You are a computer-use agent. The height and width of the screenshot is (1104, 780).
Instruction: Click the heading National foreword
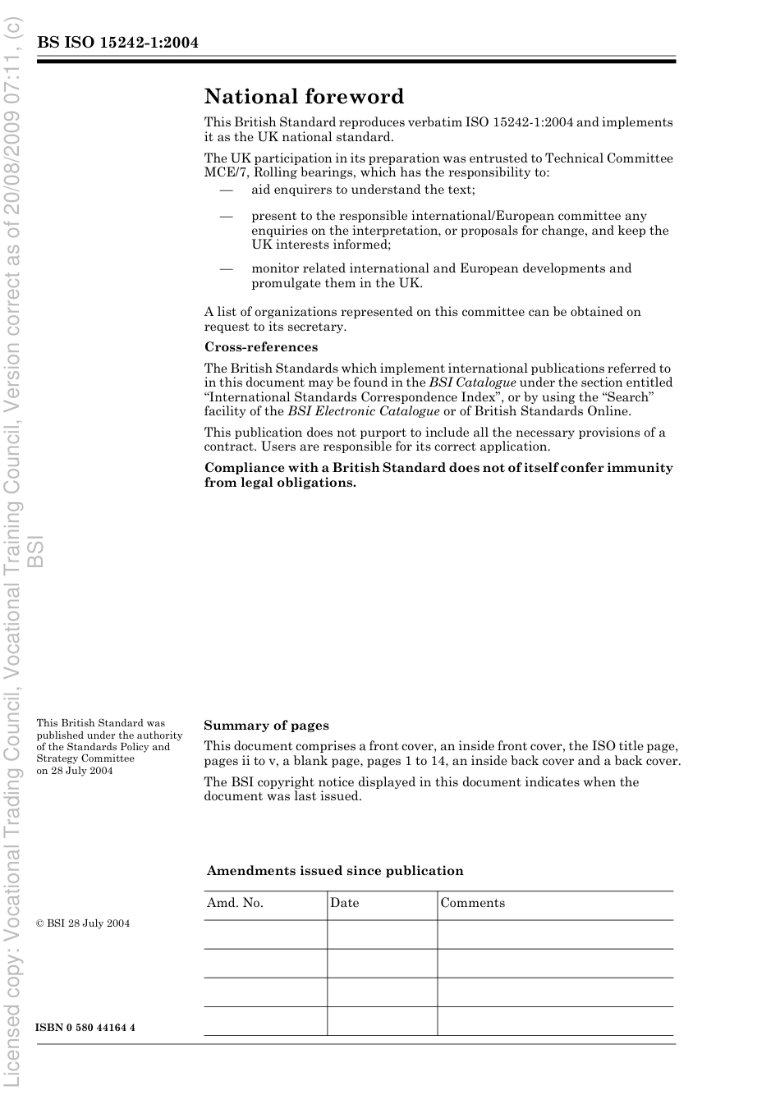[304, 97]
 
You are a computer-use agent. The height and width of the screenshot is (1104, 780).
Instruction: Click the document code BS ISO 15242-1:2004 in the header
[117, 43]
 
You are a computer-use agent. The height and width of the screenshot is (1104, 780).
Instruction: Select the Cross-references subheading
[260, 347]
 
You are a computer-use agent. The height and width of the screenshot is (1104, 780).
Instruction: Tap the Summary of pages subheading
[266, 726]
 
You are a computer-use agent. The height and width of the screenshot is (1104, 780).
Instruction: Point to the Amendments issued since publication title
[335, 871]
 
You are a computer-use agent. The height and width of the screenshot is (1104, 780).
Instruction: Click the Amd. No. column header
[235, 903]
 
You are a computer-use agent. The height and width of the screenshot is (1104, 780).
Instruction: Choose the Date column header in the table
[344, 903]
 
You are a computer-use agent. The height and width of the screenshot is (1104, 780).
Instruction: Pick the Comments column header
[472, 903]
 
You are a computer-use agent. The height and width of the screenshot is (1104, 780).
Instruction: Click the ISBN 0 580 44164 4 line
[85, 1028]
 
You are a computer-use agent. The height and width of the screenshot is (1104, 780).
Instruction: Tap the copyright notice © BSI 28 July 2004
[83, 923]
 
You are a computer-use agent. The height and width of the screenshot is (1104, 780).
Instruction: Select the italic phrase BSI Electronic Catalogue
[363, 411]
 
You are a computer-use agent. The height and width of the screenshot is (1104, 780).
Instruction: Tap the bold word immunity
[639, 468]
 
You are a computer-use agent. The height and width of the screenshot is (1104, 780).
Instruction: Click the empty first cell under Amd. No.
[265, 934]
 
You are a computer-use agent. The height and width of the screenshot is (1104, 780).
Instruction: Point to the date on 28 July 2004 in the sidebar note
[75, 771]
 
